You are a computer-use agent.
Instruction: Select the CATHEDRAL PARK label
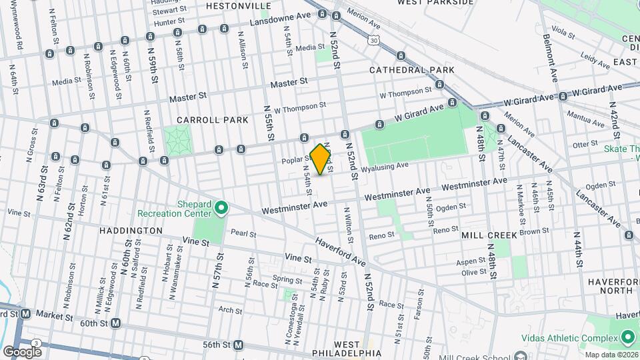click(x=412, y=69)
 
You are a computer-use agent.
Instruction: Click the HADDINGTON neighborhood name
click(x=131, y=230)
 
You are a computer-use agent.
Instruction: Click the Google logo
click(x=22, y=351)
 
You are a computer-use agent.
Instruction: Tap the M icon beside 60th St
click(x=115, y=323)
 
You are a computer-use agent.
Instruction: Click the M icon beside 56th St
click(x=239, y=345)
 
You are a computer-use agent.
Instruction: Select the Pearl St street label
click(x=243, y=233)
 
